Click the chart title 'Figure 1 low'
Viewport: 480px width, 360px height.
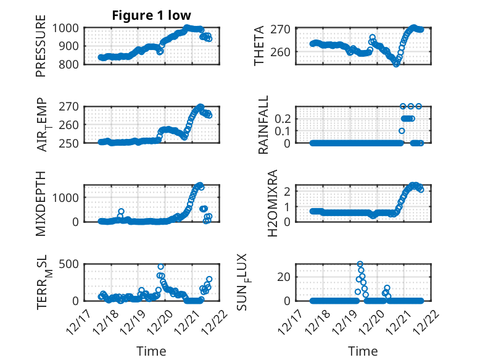click(x=151, y=15)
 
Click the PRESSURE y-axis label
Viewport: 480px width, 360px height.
click(x=41, y=50)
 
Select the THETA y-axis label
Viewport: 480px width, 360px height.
click(x=259, y=45)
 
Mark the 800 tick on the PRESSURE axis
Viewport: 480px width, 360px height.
click(x=70, y=64)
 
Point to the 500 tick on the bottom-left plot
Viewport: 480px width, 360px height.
click(x=70, y=264)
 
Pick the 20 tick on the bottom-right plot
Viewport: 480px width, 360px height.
click(x=284, y=277)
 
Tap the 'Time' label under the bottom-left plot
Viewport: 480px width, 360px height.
click(x=151, y=351)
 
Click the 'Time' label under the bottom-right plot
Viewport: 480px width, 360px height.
click(x=363, y=351)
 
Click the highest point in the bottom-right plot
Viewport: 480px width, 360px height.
click(x=360, y=264)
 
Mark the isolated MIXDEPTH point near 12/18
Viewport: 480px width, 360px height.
click(x=121, y=212)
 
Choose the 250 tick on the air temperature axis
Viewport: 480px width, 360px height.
click(x=70, y=143)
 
